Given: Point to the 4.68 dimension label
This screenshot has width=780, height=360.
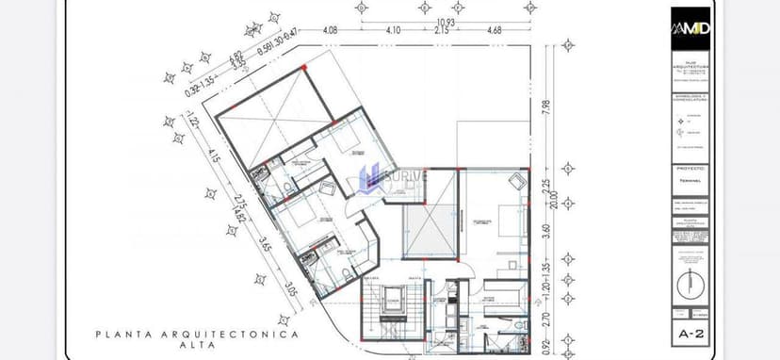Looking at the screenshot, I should click(494, 30).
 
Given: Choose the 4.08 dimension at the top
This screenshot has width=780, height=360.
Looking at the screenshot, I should click(331, 30).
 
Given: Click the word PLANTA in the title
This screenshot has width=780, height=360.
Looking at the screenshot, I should click(122, 335).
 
